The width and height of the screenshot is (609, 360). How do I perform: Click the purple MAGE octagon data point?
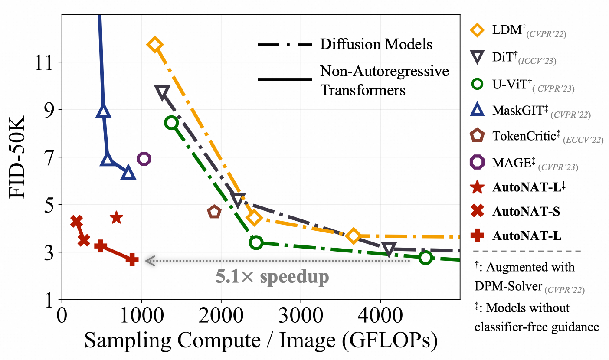[144, 159]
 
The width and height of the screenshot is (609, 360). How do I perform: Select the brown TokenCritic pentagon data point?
[214, 212]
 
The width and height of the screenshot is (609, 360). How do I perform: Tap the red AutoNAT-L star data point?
[116, 217]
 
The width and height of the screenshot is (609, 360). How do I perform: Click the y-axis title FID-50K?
[19, 157]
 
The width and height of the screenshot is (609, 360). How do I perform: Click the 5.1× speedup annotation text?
[272, 276]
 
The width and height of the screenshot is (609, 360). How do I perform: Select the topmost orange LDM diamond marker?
[154, 45]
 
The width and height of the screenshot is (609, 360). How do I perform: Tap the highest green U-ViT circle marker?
[171, 123]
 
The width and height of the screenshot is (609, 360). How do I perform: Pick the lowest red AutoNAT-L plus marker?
[132, 259]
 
